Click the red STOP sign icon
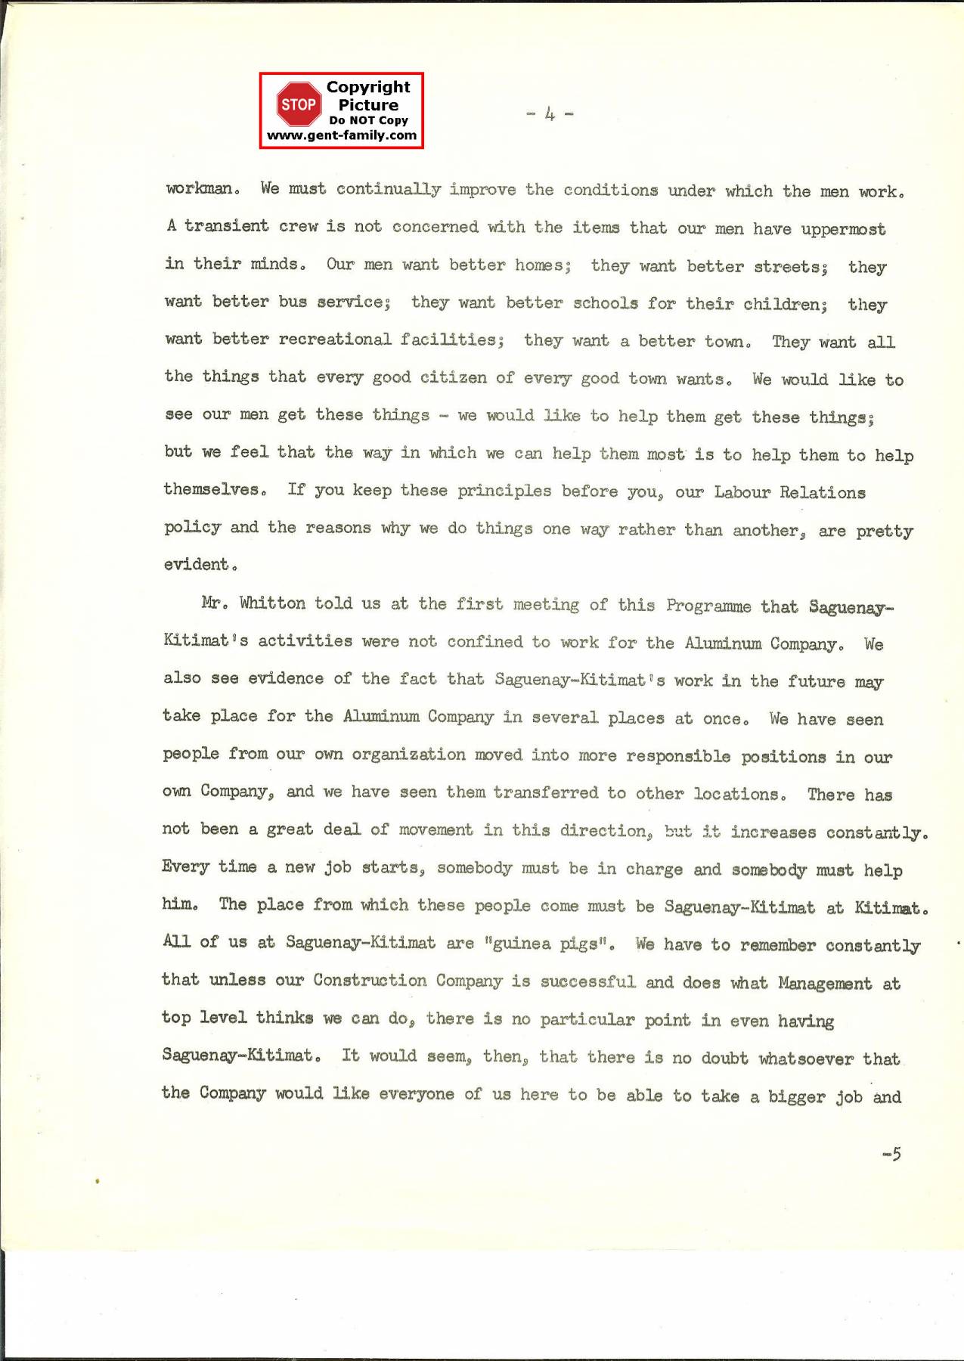point(298,104)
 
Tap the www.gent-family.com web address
point(342,135)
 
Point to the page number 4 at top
point(550,114)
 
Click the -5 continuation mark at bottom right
point(891,1154)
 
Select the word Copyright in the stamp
point(368,87)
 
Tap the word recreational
point(335,339)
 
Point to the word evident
point(196,564)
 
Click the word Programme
point(708,606)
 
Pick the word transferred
point(545,792)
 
